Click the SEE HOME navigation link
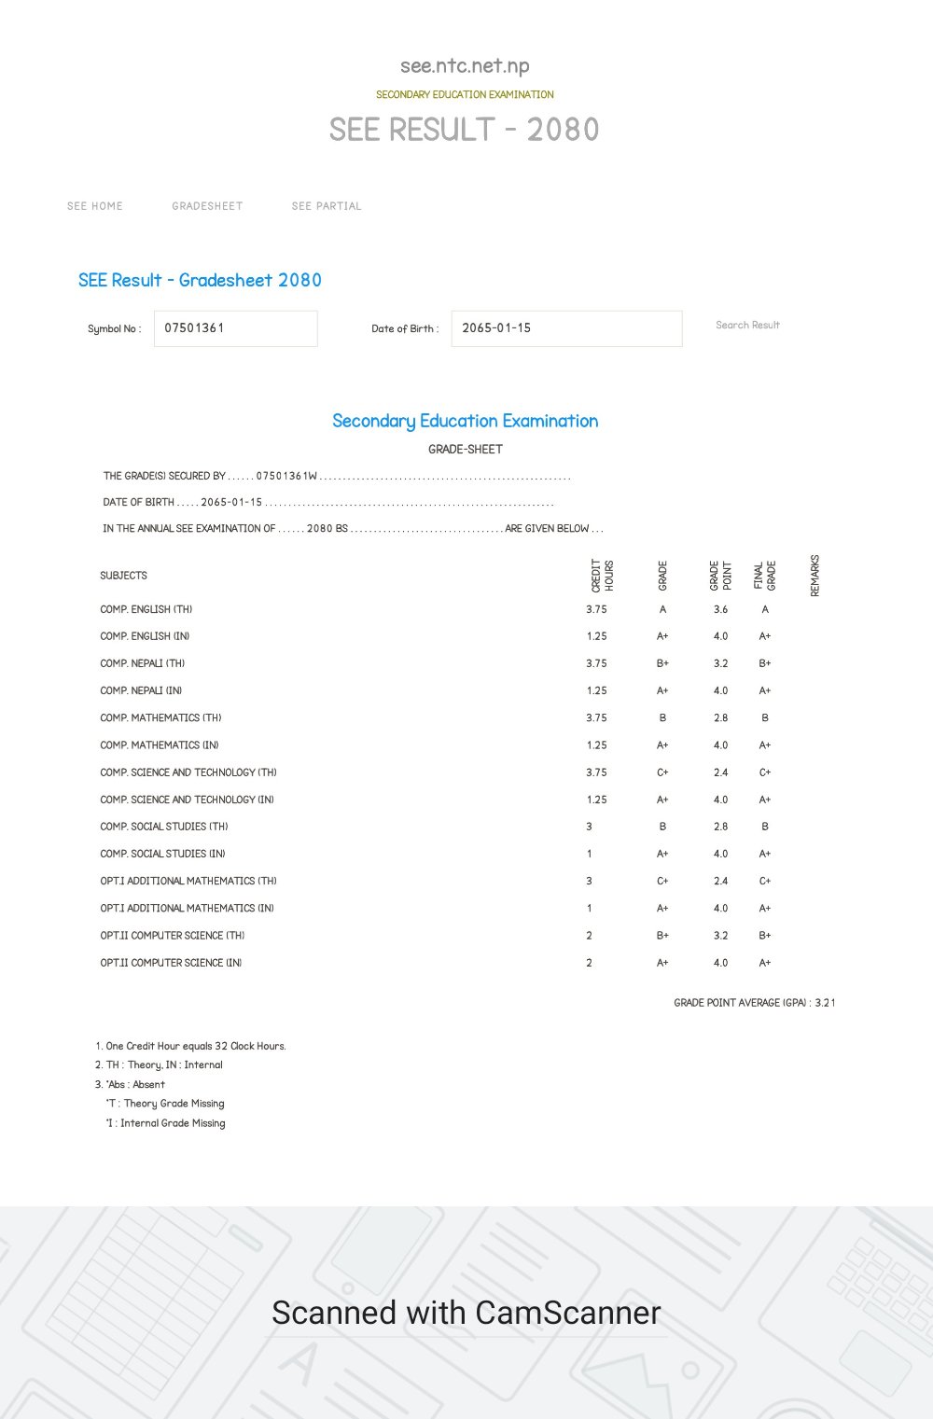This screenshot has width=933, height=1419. (94, 206)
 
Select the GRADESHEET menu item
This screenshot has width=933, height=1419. (207, 206)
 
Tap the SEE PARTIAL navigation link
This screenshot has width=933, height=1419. (327, 206)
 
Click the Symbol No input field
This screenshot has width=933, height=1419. (235, 328)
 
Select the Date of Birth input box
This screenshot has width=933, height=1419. (566, 328)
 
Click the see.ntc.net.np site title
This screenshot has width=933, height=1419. (465, 66)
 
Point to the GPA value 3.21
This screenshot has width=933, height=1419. (825, 1003)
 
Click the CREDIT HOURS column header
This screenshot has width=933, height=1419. (602, 576)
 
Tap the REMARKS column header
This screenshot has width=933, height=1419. (815, 576)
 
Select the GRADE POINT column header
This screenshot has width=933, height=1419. (720, 576)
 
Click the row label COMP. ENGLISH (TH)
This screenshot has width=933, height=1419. (146, 609)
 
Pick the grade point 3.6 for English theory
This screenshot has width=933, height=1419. (720, 609)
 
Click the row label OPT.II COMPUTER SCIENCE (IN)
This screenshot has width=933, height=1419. (171, 963)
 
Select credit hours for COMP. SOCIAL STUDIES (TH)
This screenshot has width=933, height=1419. (589, 827)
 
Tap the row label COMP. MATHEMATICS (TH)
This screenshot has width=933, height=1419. (160, 718)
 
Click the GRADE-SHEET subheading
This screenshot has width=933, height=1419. (466, 449)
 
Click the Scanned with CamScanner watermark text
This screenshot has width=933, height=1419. (466, 1313)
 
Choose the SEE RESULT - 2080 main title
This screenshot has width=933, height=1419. (464, 130)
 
